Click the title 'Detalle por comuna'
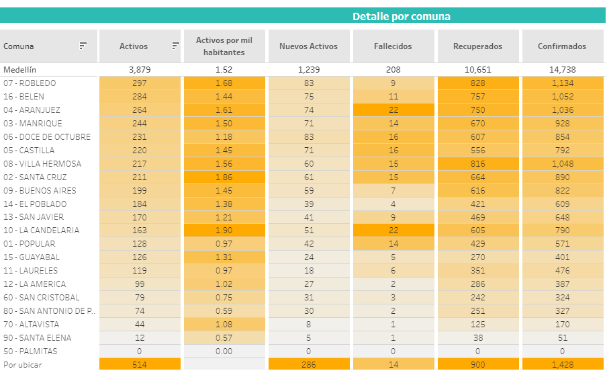click(401, 16)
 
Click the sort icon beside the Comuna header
click(83, 46)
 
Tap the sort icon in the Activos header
click(175, 46)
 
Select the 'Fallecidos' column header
click(393, 46)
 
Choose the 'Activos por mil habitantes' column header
click(225, 46)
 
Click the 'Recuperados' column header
click(477, 46)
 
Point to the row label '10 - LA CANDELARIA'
click(41, 231)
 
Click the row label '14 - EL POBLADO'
click(34, 204)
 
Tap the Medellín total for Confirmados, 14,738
click(562, 70)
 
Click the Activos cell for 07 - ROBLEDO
click(140, 83)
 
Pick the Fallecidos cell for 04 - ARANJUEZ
click(393, 110)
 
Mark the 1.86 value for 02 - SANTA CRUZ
click(225, 177)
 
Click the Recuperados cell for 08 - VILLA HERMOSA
click(477, 164)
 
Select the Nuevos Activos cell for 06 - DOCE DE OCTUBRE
click(308, 137)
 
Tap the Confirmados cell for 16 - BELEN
click(562, 97)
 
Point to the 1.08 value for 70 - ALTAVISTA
click(225, 324)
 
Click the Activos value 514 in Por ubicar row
click(140, 364)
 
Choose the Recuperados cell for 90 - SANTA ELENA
click(477, 337)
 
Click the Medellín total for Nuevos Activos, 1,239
click(308, 70)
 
